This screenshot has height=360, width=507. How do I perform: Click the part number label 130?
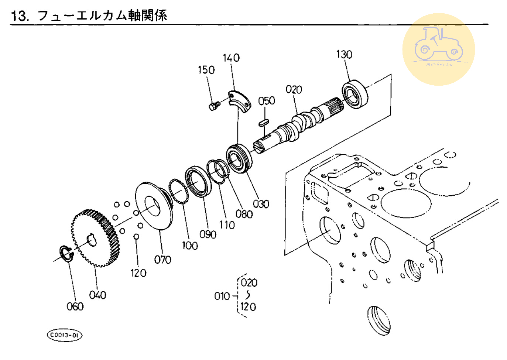(x=344, y=55)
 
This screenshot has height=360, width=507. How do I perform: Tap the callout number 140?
(x=231, y=58)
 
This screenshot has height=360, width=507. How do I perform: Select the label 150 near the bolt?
(x=206, y=70)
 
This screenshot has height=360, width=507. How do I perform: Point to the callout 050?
(x=266, y=101)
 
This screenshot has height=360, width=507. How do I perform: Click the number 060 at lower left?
(x=75, y=306)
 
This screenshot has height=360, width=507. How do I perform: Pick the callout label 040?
(x=97, y=295)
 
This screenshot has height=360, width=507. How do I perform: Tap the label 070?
(x=162, y=260)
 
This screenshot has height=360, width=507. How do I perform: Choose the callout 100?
(x=190, y=246)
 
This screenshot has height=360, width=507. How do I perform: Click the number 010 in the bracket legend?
(x=222, y=296)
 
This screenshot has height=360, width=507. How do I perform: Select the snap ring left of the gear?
(x=66, y=254)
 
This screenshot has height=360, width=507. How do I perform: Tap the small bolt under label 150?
(x=214, y=106)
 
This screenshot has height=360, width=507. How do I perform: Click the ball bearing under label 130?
(x=355, y=95)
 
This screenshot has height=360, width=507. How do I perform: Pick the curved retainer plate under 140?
(x=239, y=100)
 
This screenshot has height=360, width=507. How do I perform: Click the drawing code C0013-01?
(x=64, y=335)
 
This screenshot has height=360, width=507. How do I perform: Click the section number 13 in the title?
(x=19, y=16)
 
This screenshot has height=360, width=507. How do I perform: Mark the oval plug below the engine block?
(x=378, y=320)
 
